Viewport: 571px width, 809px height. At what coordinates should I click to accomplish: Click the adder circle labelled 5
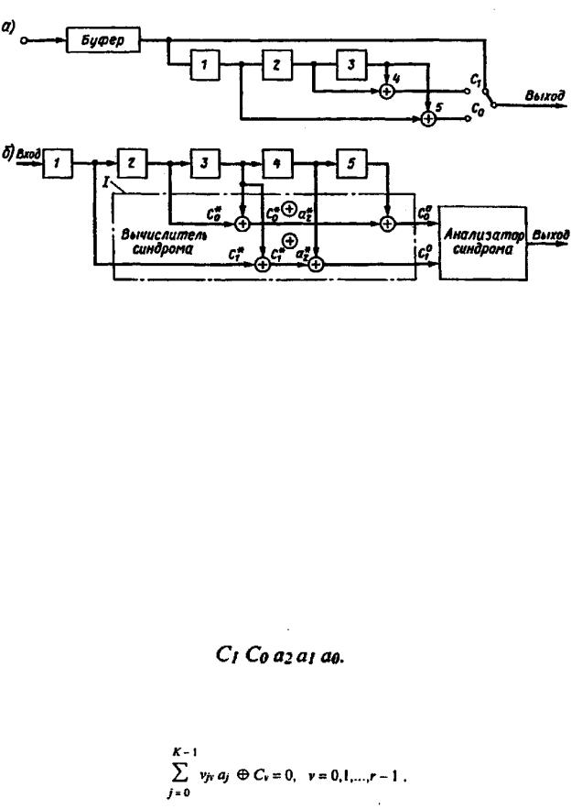coord(427,117)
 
